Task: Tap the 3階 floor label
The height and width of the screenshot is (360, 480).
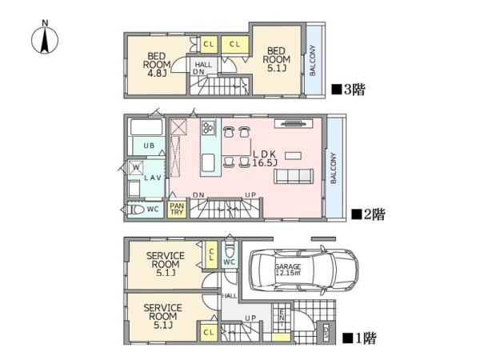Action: pos(349,90)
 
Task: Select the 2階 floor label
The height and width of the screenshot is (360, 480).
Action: pos(368,214)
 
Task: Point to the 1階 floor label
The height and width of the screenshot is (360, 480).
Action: pos(359,338)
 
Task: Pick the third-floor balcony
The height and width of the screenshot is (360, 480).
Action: pos(314,60)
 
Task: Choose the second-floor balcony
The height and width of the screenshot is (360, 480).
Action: pos(334,168)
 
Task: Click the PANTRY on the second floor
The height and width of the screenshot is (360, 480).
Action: pos(177,209)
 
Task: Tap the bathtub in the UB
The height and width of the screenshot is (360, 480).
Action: pos(146,127)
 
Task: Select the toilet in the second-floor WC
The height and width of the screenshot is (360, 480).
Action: pos(136,210)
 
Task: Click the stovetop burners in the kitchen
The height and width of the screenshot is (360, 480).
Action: pos(208,126)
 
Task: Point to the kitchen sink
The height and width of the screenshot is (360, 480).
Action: pos(208,163)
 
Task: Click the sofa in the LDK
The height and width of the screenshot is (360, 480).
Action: pos(294,176)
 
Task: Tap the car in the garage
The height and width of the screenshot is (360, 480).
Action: pos(304,270)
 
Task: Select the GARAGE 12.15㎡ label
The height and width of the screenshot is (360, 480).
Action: pos(288,270)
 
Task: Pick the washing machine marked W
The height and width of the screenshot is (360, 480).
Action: pos(136,167)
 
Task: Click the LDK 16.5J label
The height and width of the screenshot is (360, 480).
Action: pos(265,158)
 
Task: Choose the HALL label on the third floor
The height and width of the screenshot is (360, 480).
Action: pos(203,65)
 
